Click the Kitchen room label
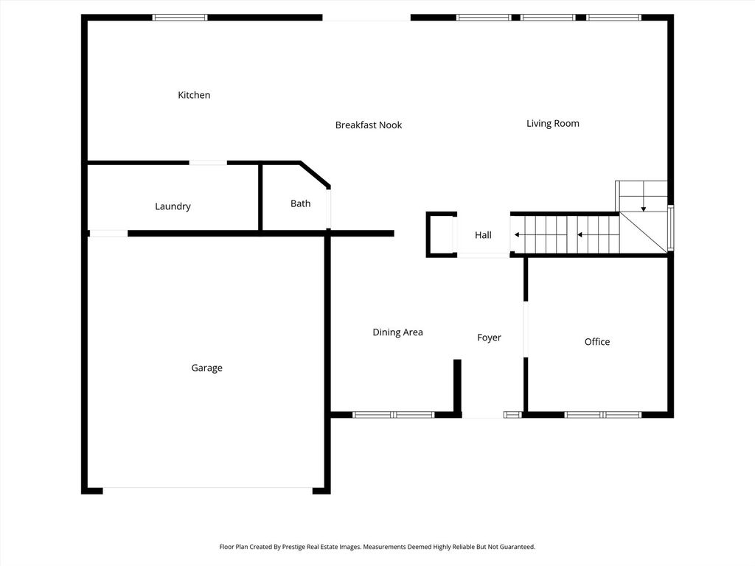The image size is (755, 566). [x=194, y=95]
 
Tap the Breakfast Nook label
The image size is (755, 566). [x=369, y=125]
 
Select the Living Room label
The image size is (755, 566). [x=552, y=123]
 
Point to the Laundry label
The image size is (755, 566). [x=173, y=206]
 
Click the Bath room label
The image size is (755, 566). [x=300, y=203]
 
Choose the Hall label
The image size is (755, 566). [x=483, y=235]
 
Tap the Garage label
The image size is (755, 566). [x=206, y=368]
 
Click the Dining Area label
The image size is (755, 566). [x=397, y=332]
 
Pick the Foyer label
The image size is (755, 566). [x=489, y=338]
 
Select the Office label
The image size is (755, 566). [x=596, y=341]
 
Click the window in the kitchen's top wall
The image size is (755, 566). [x=180, y=17]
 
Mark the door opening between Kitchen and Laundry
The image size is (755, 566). [x=208, y=163]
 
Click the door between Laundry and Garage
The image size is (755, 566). [x=108, y=234]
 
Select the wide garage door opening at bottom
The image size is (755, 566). [x=207, y=489]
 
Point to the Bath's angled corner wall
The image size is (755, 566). [x=315, y=175]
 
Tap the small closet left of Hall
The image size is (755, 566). [x=441, y=234]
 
